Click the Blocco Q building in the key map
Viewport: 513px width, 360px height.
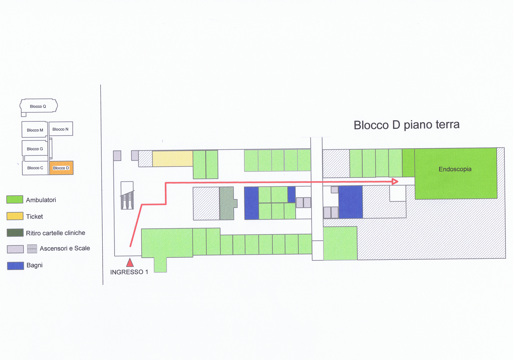click(x=38, y=106)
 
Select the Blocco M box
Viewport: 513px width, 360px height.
click(x=35, y=130)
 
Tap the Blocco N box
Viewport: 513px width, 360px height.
click(x=61, y=128)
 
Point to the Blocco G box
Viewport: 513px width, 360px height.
click(x=35, y=148)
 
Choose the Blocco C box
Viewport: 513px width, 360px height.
click(x=35, y=168)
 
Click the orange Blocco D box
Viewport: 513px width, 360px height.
click(x=61, y=168)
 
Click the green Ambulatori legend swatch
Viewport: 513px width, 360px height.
click(x=15, y=199)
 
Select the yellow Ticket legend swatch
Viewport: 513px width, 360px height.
click(x=15, y=216)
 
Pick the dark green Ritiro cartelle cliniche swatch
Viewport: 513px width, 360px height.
click(x=15, y=233)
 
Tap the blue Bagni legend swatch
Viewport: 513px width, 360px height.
click(x=15, y=266)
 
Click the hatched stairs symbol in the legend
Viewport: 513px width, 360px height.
click(x=32, y=249)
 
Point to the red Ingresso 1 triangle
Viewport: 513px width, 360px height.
click(x=130, y=263)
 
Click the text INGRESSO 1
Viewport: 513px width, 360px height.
click(x=129, y=272)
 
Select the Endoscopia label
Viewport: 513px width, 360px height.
click(x=455, y=169)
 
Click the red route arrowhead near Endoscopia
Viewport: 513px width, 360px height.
click(x=395, y=181)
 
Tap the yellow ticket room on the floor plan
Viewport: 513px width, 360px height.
click(x=172, y=158)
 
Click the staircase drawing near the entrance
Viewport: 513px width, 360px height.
click(x=127, y=195)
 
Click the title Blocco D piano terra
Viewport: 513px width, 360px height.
click(x=407, y=125)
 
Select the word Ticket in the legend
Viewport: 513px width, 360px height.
click(x=34, y=217)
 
